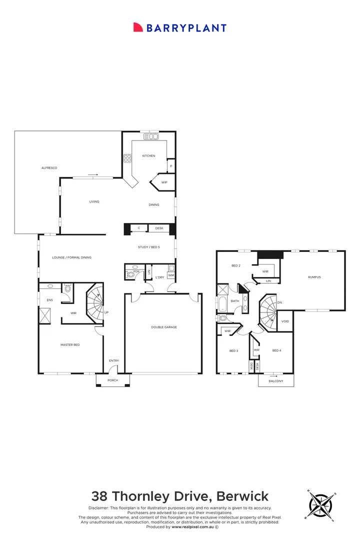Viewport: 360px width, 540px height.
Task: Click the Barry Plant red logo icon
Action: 138,27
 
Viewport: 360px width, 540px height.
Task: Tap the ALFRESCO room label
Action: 49,168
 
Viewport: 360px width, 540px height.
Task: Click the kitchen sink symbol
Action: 150,136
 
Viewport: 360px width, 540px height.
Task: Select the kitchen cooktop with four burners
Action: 127,158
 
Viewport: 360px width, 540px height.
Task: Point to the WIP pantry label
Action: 164,182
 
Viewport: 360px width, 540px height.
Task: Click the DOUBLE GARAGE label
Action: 164,327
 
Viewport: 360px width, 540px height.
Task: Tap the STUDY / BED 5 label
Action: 149,247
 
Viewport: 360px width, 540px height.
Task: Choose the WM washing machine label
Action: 171,275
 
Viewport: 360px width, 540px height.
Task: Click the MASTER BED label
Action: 70,344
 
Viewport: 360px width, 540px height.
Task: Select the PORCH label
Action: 112,380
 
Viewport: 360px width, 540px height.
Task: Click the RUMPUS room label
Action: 314,277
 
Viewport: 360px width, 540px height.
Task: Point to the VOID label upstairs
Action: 285,321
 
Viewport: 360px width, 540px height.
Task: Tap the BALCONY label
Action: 276,381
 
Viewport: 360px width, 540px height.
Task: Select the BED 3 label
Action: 233,351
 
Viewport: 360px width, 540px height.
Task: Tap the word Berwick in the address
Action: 242,496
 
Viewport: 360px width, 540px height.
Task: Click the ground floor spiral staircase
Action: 94,303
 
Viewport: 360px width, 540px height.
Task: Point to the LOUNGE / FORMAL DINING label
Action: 71,257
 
